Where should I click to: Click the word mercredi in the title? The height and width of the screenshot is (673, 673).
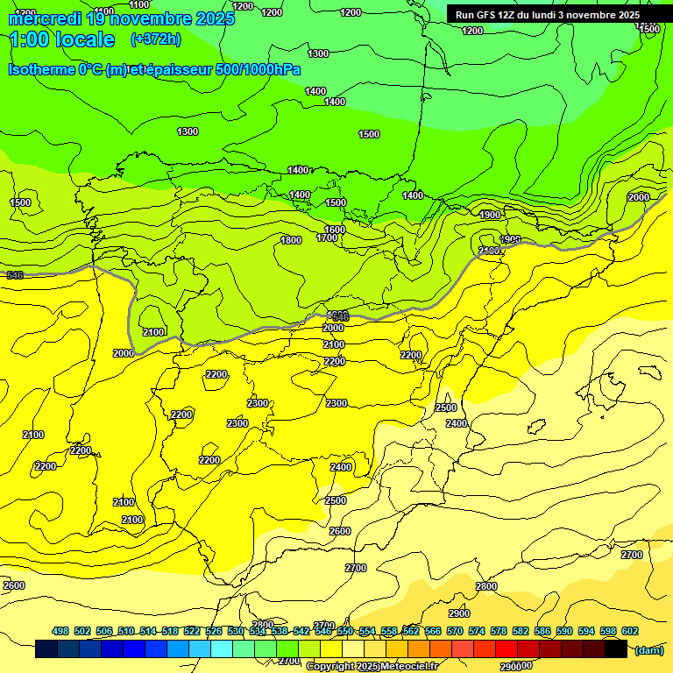point(44,18)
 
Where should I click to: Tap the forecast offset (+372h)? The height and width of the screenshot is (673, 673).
point(155,39)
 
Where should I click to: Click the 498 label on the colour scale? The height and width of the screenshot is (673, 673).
point(60,631)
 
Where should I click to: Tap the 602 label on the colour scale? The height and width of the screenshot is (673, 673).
point(630,631)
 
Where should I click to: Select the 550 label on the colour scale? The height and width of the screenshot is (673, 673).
point(345,631)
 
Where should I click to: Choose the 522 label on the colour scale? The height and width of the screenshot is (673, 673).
point(192,631)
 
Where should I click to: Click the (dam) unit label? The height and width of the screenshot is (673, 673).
point(648,649)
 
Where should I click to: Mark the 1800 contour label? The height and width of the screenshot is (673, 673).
point(291,240)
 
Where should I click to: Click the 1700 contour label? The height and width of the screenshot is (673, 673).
point(327,237)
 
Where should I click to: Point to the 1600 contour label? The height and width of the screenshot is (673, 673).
point(335,230)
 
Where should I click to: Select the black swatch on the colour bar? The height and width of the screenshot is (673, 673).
point(616,649)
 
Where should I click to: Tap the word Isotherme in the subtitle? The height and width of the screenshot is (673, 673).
point(54,69)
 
